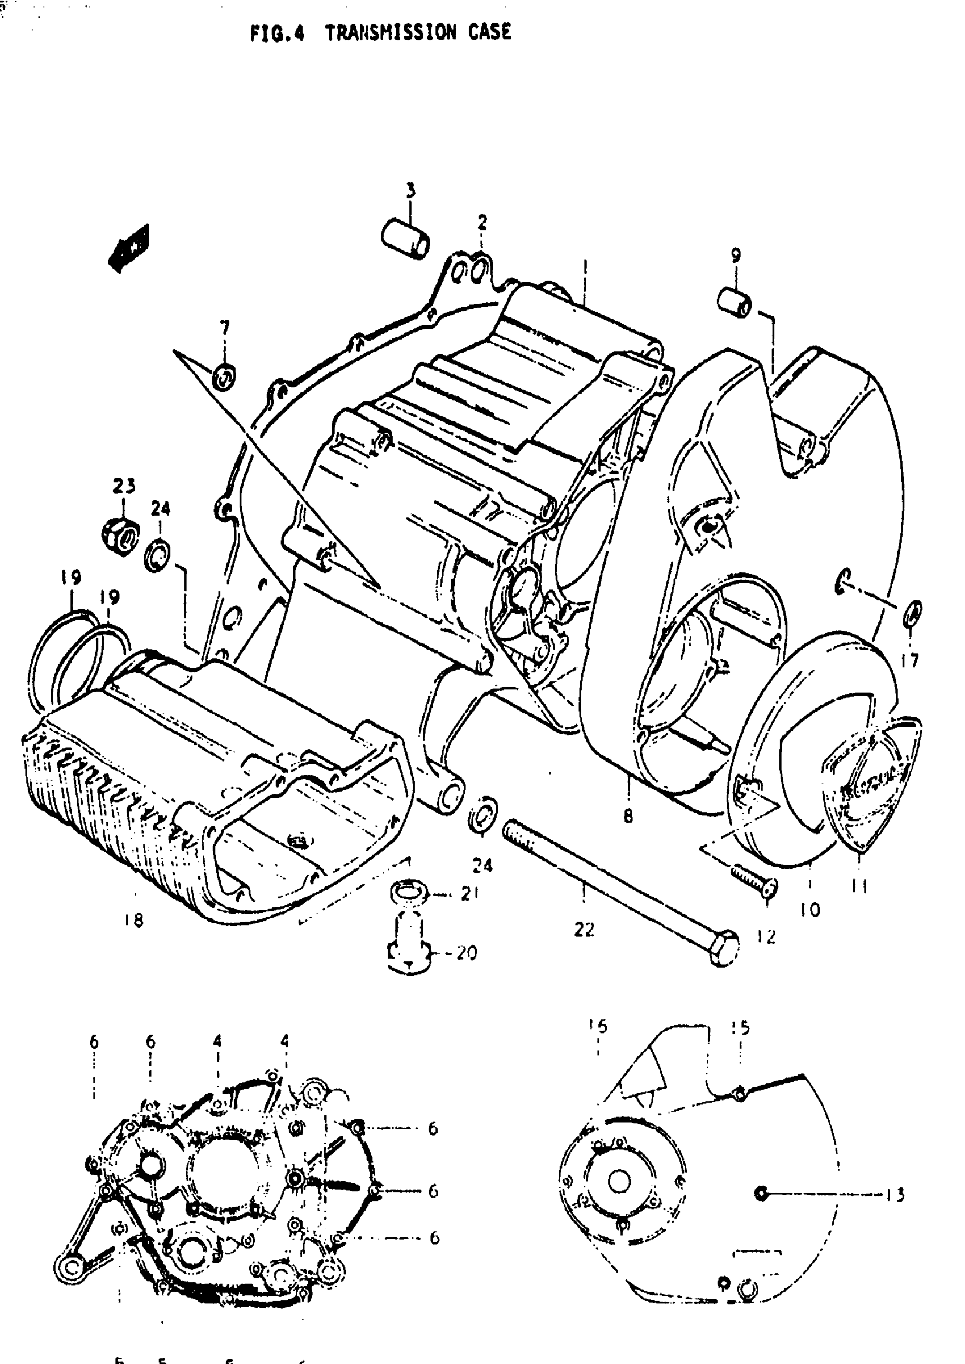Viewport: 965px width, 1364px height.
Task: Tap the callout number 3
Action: coord(410,191)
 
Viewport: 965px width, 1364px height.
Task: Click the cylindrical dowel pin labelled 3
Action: coord(406,238)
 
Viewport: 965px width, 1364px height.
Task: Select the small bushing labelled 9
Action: coord(734,303)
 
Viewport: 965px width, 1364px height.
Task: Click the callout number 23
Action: coord(124,486)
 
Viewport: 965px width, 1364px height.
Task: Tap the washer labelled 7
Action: coord(224,376)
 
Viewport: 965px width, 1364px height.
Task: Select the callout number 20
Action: coord(467,953)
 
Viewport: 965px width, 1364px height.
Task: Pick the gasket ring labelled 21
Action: coord(409,893)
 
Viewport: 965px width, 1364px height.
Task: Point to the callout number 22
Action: coord(584,930)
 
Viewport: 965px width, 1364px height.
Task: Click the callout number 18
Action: coord(135,921)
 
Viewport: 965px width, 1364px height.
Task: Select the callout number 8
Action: coord(628,817)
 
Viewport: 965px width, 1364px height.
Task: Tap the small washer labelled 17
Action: coord(913,614)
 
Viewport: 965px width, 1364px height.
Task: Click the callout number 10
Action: coord(810,909)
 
